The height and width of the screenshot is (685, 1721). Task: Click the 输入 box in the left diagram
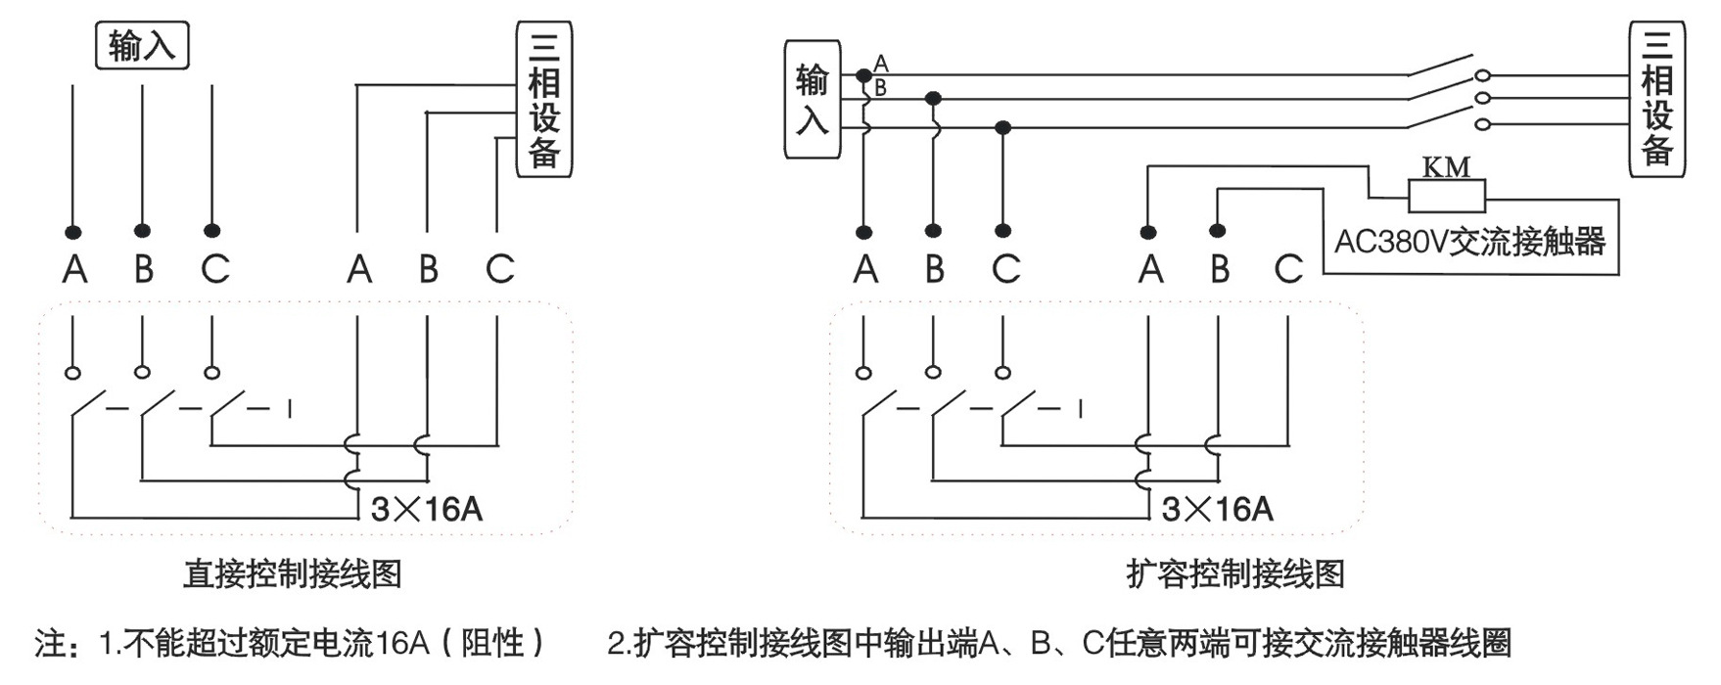[142, 45]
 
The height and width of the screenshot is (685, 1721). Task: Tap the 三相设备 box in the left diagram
[543, 101]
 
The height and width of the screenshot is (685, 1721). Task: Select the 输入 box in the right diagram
[812, 100]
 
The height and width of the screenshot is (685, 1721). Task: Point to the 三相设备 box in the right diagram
[1656, 101]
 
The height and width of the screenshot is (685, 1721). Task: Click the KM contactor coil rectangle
[1446, 196]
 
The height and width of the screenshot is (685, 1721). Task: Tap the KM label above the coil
[1446, 167]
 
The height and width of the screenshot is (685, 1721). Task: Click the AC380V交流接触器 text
[1470, 241]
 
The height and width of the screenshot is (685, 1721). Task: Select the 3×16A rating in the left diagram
[427, 509]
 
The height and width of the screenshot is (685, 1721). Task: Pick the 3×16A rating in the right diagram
[1218, 509]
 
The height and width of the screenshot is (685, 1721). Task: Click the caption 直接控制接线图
[293, 574]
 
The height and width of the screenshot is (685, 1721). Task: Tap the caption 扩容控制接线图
[1235, 574]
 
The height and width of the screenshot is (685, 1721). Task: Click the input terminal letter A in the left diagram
[74, 268]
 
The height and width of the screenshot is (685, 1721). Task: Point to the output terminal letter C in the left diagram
[499, 268]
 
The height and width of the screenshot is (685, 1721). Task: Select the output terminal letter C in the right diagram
[1288, 268]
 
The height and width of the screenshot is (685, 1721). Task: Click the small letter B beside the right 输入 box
[880, 88]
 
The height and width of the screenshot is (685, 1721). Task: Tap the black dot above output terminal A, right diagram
[1148, 232]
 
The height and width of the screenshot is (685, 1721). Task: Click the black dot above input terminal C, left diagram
[211, 231]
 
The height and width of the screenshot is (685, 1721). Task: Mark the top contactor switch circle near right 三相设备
[1482, 75]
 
